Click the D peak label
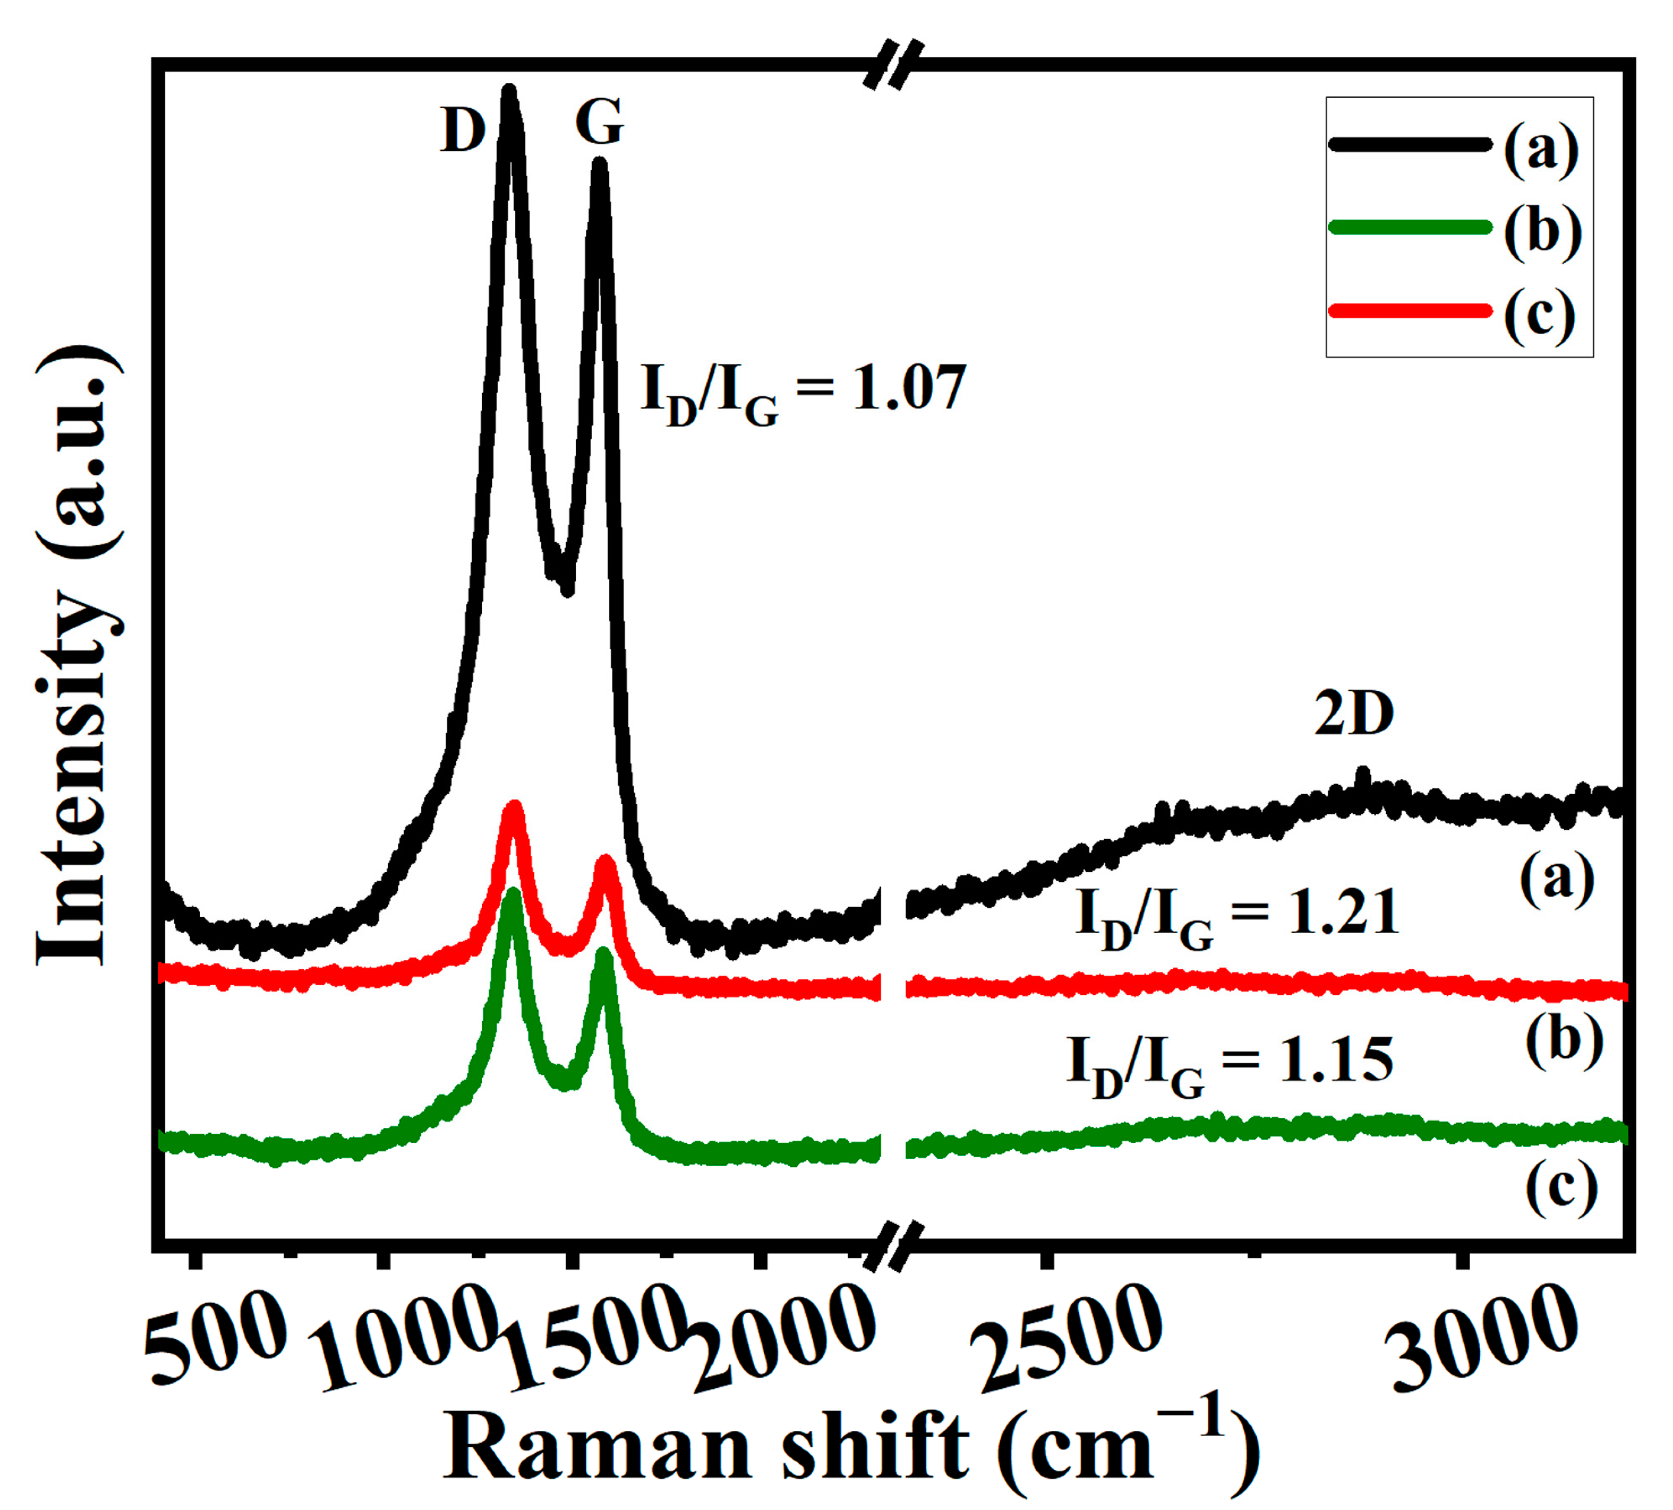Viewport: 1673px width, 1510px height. pos(462,131)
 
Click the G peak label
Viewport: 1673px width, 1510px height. pos(599,123)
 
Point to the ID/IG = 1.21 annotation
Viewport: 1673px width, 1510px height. pos(1237,915)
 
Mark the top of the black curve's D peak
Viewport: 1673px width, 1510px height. pos(510,91)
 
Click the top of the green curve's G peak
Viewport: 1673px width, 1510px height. pos(604,954)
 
